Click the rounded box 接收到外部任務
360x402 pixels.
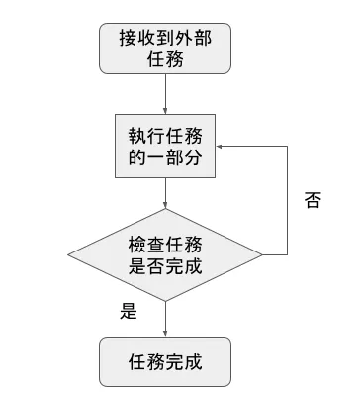[x=165, y=48]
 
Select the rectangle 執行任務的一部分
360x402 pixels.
[x=165, y=146]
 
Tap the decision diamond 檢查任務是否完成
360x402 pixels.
[x=165, y=254]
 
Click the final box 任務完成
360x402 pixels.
[x=165, y=360]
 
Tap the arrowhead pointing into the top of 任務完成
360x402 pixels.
[x=165, y=333]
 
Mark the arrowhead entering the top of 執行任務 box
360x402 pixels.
[x=165, y=111]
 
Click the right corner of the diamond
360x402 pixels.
[x=261, y=254]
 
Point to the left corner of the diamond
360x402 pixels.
[x=69, y=254]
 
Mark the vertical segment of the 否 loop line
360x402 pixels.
[x=287, y=199]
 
